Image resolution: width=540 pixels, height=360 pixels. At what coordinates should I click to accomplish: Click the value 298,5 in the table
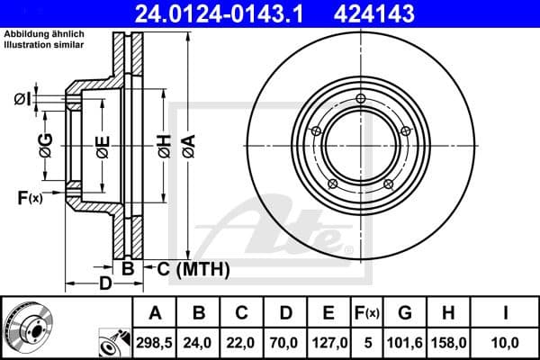coord(156,343)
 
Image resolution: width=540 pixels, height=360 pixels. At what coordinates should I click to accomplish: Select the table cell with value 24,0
coord(200,343)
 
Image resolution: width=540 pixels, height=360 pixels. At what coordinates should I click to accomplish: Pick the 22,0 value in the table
coord(243,343)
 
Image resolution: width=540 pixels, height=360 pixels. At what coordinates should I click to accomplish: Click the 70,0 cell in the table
coord(286,343)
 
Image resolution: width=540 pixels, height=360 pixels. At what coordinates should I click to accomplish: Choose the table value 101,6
coord(404,343)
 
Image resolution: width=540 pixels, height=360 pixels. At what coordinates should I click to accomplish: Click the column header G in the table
coord(404,313)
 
